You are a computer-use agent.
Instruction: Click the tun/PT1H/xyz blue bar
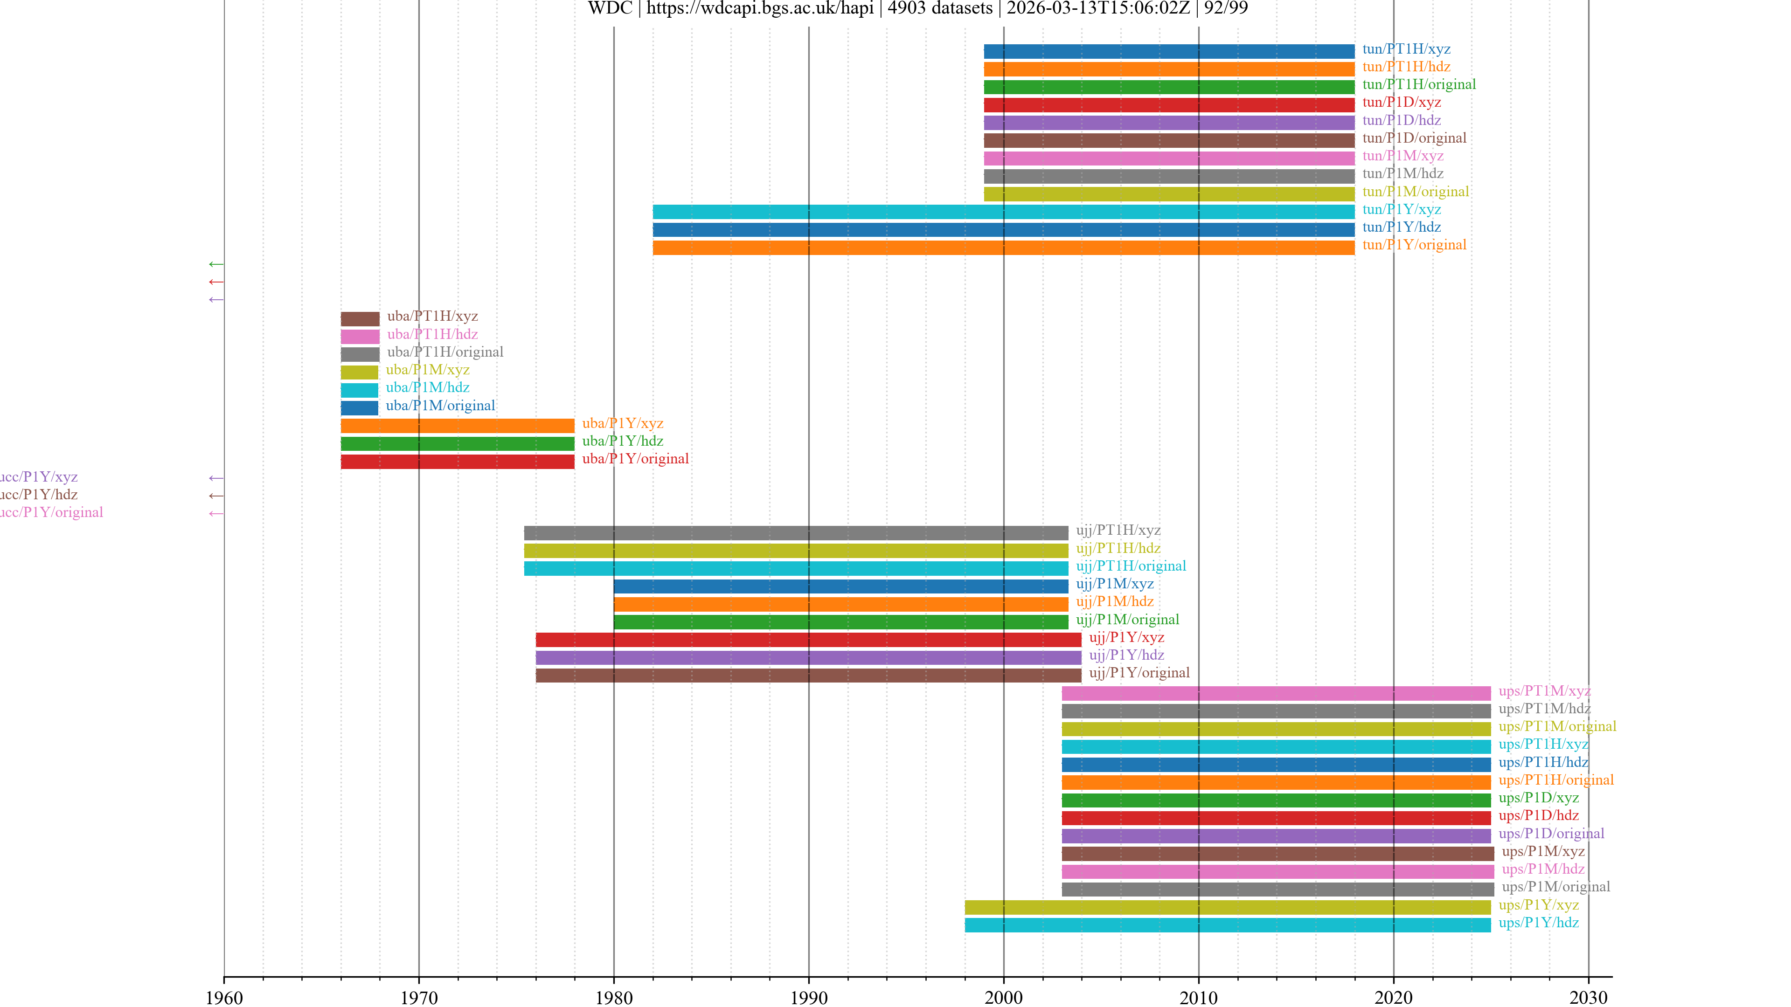point(1168,51)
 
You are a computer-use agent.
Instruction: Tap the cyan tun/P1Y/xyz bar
point(1003,211)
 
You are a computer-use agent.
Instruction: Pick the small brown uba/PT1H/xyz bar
point(360,318)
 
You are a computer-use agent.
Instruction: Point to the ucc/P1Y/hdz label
point(38,495)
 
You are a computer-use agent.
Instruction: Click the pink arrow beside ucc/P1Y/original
point(216,514)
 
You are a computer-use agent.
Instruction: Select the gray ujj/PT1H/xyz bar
point(795,533)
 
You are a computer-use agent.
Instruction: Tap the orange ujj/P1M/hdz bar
point(840,604)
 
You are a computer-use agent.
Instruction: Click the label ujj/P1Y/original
point(1139,673)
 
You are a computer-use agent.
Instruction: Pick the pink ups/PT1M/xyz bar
point(1275,693)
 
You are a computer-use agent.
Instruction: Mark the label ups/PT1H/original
point(1555,780)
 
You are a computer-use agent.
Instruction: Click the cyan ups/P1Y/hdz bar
point(1227,924)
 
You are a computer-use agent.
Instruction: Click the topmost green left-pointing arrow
point(216,264)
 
